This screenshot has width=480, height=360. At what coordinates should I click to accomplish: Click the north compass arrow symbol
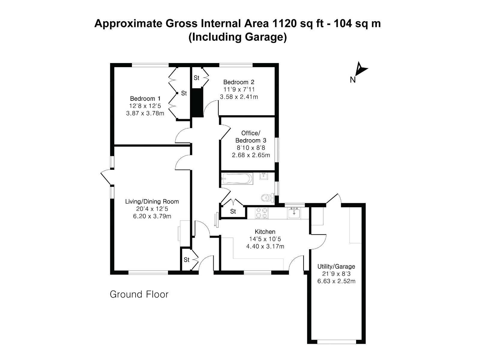360,69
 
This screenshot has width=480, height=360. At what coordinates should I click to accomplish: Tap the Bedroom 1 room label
145,98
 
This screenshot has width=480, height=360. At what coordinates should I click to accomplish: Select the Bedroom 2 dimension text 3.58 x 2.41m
239,97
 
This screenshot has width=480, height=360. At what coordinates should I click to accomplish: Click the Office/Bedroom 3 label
250,136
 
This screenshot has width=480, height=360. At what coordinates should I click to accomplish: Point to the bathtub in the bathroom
236,179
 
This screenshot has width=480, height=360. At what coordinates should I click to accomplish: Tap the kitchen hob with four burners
261,213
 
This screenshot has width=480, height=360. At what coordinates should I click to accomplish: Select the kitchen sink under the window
294,213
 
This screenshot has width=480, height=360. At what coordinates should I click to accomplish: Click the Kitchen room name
265,232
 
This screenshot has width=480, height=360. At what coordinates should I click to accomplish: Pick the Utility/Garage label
336,266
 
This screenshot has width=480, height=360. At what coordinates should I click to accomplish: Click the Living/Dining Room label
152,202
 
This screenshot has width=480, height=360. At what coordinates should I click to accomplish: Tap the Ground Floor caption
139,294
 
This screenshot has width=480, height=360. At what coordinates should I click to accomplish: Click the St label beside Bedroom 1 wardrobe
184,93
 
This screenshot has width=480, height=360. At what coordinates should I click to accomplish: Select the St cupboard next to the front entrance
187,260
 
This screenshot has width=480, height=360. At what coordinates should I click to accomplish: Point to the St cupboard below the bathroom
233,211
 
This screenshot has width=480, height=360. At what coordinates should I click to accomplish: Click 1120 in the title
285,23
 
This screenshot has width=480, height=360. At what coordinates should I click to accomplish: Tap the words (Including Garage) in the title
237,37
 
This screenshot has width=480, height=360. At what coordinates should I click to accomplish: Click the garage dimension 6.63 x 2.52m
336,281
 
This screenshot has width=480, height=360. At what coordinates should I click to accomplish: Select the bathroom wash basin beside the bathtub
263,176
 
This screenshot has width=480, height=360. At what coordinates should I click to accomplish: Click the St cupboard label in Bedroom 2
196,78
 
